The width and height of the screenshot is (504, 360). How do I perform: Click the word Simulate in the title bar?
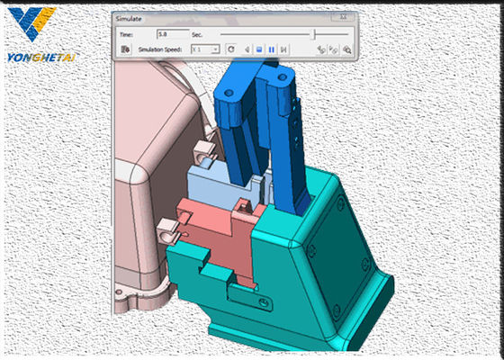click(131, 18)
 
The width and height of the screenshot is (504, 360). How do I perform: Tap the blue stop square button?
click(258, 49)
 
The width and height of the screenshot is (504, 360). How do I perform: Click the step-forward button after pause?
click(283, 49)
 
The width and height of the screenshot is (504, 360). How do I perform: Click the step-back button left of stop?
click(247, 49)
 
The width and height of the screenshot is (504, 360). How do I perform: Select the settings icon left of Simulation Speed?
click(124, 49)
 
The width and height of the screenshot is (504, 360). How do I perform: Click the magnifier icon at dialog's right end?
click(346, 49)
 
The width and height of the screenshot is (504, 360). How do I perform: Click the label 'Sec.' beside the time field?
click(198, 33)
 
